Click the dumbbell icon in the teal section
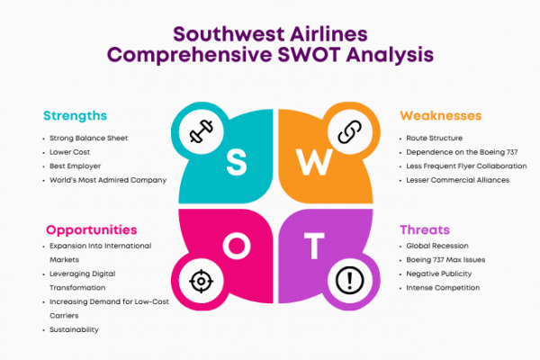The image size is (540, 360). (x=202, y=131)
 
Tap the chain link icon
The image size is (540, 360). (x=349, y=131)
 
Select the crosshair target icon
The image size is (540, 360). (x=201, y=281)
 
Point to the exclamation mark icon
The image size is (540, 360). (x=349, y=281)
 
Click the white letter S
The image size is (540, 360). (x=237, y=162)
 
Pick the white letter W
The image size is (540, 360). (x=314, y=162)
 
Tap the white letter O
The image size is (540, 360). (x=237, y=246)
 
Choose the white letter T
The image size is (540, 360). (x=314, y=246)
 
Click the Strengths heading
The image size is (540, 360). (x=75, y=116)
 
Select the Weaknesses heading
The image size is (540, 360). (x=440, y=115)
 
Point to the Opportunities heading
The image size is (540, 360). (x=91, y=230)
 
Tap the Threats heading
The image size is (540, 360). (x=425, y=229)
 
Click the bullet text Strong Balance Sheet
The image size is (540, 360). (x=88, y=138)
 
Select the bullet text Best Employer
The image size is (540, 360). (x=75, y=166)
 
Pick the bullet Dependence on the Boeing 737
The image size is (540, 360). (x=462, y=152)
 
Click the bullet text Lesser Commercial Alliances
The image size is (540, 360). (x=458, y=180)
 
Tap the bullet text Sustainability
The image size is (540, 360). (x=74, y=329)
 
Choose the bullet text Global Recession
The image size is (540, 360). (x=437, y=246)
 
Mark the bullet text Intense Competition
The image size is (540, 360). (x=443, y=288)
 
